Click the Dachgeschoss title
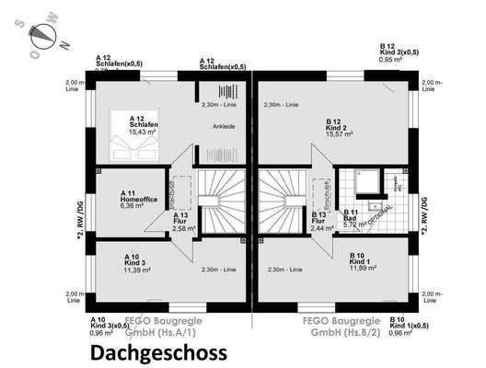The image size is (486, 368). pyautogui.click(x=157, y=351)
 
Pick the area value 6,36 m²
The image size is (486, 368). pyautogui.click(x=134, y=206)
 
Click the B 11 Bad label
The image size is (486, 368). pyautogui.click(x=351, y=215)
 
